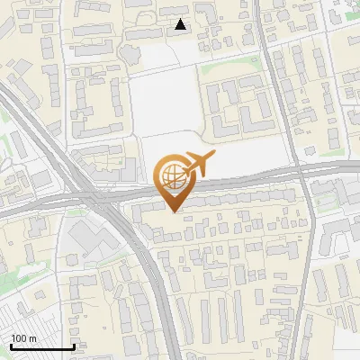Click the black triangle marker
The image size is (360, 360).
(181, 24)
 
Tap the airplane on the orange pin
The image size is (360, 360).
(198, 164)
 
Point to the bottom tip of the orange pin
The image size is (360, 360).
(172, 211)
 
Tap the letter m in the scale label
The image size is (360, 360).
(32, 338)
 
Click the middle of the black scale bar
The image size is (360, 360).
(41, 346)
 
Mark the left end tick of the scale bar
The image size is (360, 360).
(10, 346)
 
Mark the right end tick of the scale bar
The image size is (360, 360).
(73, 346)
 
